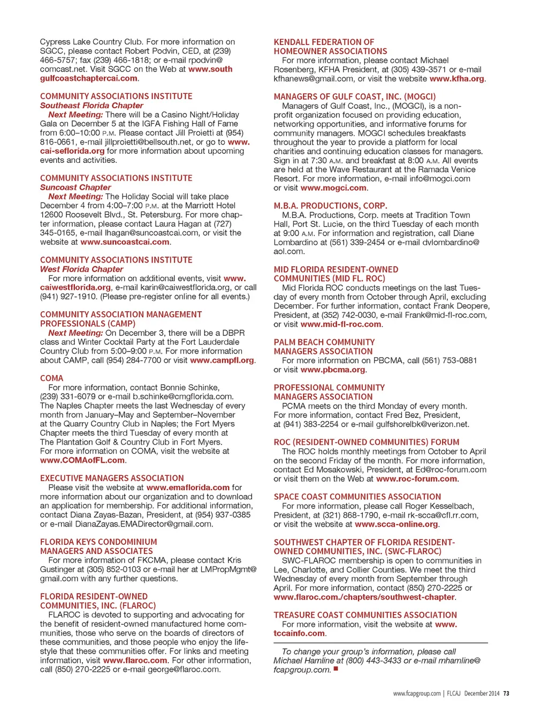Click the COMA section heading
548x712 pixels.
pyautogui.click(x=51, y=378)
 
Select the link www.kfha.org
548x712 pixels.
pyautogui.click(x=457, y=79)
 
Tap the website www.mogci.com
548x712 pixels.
pyautogui.click(x=333, y=188)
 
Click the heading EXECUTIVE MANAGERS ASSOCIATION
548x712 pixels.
pyautogui.click(x=112, y=478)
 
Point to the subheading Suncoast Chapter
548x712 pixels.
pyautogui.click(x=75, y=188)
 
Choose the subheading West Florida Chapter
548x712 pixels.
pyautogui.click(x=81, y=269)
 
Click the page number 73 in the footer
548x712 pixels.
pyautogui.click(x=506, y=693)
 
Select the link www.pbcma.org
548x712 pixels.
pyautogui.click(x=333, y=370)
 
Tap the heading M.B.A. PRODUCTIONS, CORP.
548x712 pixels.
pyautogui.click(x=330, y=206)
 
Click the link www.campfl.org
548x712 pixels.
pyautogui.click(x=222, y=361)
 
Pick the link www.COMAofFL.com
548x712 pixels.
pyautogui.click(x=82, y=460)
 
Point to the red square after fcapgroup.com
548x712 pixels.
pyautogui.click(x=336, y=669)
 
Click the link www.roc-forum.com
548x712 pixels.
pyautogui.click(x=416, y=479)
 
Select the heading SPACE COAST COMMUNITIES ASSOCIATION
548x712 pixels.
pyautogui.click(x=357, y=497)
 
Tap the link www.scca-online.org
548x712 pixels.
pyautogui.click(x=396, y=524)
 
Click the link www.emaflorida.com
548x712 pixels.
pyautogui.click(x=188, y=488)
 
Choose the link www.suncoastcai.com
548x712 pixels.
pyautogui.click(x=125, y=242)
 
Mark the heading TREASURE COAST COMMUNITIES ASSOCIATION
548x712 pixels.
pyautogui.click(x=365, y=616)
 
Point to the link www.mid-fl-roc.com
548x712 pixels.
pyautogui.click(x=341, y=324)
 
